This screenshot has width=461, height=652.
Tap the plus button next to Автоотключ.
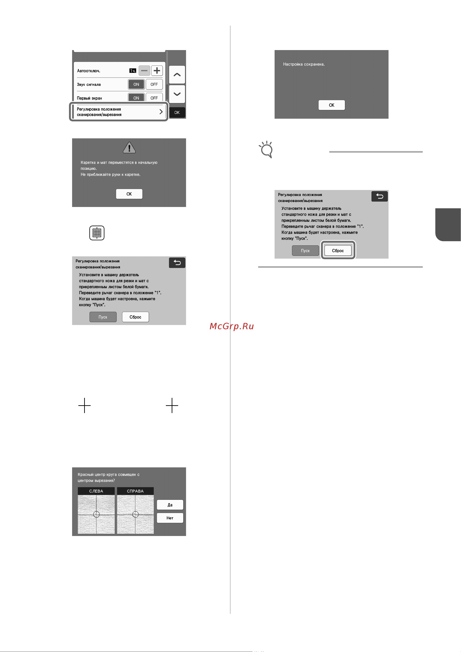tap(157, 70)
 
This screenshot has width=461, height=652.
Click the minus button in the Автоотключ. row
tap(144, 70)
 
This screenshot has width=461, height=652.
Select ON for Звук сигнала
tap(136, 84)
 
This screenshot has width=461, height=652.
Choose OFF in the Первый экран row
tap(154, 97)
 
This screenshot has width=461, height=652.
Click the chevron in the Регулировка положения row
tap(161, 112)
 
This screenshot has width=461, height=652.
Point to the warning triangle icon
tap(129, 148)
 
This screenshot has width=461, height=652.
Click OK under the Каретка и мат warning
tap(129, 194)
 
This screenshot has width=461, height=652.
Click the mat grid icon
tap(97, 233)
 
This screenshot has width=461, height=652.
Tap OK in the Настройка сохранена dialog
tap(332, 105)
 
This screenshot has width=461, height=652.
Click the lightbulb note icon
tap(267, 150)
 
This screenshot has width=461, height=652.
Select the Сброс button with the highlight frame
tap(338, 250)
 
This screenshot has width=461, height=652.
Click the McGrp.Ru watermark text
tap(232, 326)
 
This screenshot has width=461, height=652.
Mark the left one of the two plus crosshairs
tap(84, 405)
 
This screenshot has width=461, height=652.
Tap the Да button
tap(170, 505)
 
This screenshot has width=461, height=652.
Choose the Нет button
tap(170, 518)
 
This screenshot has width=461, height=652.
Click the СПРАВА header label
tap(136, 491)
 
